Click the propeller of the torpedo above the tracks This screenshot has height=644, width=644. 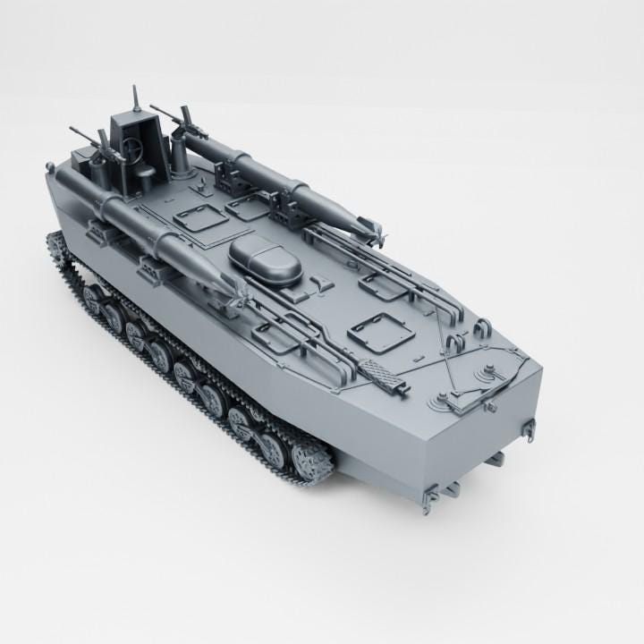(241, 287)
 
